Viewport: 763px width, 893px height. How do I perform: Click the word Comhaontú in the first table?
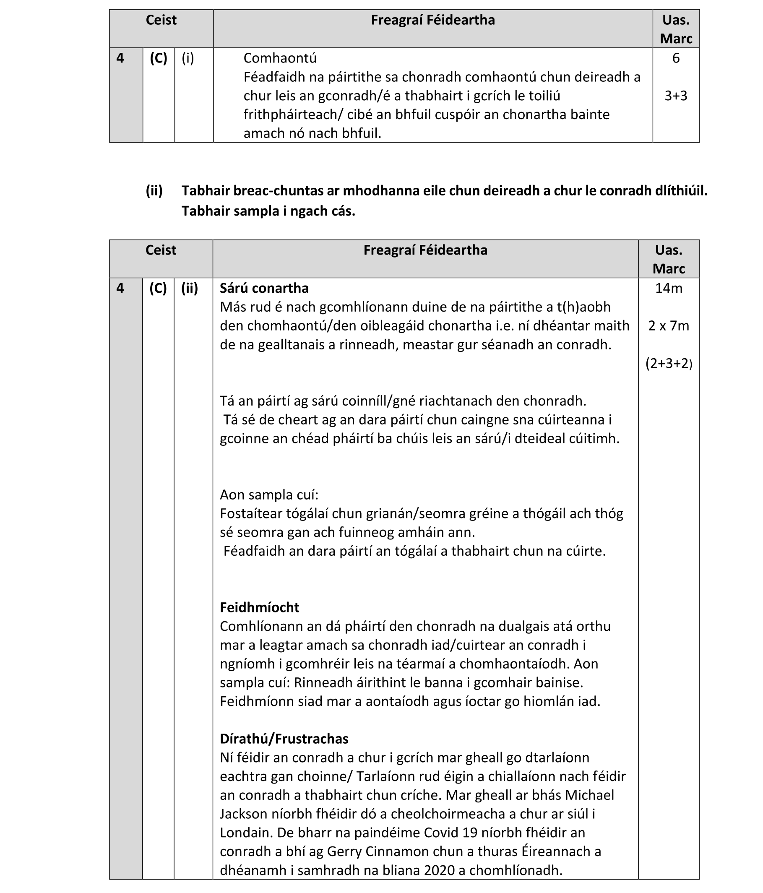(280, 58)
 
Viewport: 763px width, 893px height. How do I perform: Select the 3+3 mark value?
(675, 96)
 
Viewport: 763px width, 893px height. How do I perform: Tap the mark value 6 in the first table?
(675, 58)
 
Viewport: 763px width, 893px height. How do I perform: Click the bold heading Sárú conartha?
(264, 288)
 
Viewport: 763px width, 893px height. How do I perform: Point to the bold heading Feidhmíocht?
(259, 607)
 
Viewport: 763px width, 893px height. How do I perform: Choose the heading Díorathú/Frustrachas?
(284, 739)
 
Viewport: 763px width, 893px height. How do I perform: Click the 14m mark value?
(669, 288)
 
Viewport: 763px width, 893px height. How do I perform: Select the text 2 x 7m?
(669, 326)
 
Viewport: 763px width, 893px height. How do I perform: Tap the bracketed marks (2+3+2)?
(669, 364)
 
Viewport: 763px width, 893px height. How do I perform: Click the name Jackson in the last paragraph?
(244, 814)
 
